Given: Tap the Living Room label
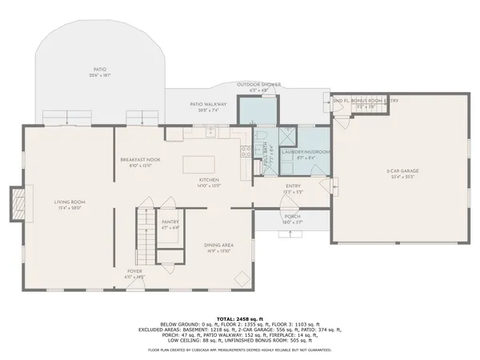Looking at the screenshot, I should tap(70, 203).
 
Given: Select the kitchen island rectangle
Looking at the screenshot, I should tap(204, 164).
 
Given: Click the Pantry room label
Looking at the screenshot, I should tap(170, 224).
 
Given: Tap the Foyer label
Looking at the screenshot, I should tap(134, 273).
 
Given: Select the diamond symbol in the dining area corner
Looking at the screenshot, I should tap(239, 277).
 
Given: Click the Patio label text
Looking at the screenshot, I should tap(99, 73).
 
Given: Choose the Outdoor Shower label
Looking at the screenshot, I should tap(257, 85).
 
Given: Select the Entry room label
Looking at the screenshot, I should tap(293, 189).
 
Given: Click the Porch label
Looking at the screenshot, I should tap(292, 218).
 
